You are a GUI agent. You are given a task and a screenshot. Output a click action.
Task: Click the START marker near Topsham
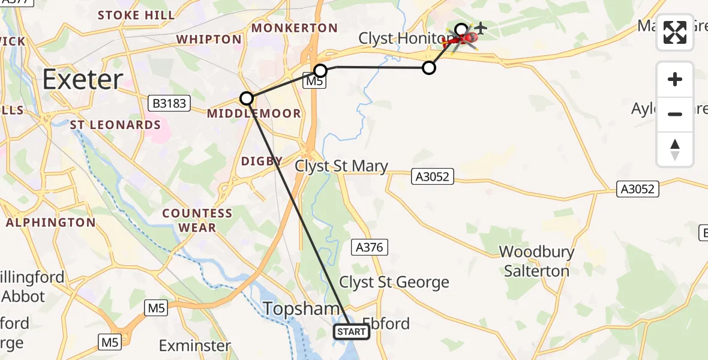pos(351,331)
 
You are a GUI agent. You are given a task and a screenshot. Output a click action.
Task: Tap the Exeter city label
pos(83,79)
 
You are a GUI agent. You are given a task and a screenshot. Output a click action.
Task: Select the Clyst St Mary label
pos(341,166)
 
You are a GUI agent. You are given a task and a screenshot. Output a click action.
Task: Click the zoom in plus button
pos(675,79)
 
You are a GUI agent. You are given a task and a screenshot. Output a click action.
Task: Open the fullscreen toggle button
pos(675,32)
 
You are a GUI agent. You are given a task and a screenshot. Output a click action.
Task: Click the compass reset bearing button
pos(675,149)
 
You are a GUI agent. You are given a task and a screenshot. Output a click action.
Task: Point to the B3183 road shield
pos(169,103)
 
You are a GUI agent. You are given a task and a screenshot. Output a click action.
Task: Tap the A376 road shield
pos(369,247)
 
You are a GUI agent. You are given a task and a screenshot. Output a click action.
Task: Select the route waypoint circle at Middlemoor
pos(247,98)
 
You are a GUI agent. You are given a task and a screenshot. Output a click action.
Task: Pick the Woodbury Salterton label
pos(536,261)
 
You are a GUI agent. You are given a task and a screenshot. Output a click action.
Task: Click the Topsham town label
pos(293,310)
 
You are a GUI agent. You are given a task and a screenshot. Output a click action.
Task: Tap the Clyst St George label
pos(394,282)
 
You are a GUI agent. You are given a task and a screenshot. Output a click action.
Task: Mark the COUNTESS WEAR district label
pos(197,220)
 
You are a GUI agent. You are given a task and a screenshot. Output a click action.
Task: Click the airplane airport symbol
pos(481,28)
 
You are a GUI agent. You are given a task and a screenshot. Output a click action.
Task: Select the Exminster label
pos(195,346)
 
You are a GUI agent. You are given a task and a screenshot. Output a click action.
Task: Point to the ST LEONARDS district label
pos(115,125)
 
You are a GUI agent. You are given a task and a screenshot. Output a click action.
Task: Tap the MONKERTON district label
pos(295,28)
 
